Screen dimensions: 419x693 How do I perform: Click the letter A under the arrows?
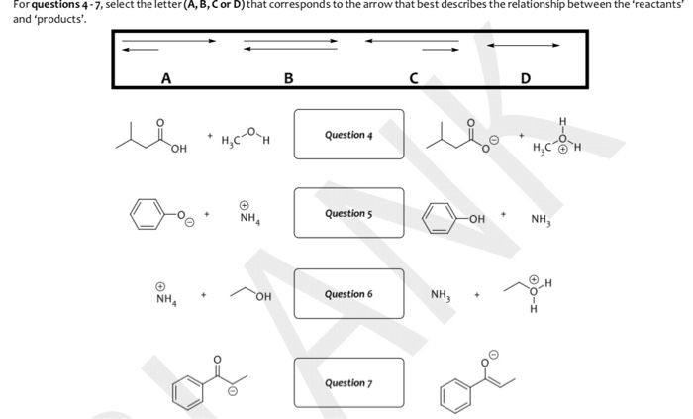pyautogui.click(x=164, y=77)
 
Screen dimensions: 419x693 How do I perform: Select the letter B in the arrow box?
pyautogui.click(x=287, y=77)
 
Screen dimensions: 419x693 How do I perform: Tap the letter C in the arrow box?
pyautogui.click(x=414, y=77)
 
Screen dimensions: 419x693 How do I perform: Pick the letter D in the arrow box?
pyautogui.click(x=525, y=77)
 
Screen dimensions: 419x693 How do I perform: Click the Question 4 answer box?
pyautogui.click(x=348, y=134)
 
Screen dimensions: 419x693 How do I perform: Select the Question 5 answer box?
pyautogui.click(x=348, y=213)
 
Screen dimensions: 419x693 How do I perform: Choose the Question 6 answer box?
pyautogui.click(x=348, y=293)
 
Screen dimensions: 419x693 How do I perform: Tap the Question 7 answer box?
pyautogui.click(x=348, y=382)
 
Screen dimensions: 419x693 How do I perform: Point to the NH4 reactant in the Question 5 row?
pyautogui.click(x=247, y=215)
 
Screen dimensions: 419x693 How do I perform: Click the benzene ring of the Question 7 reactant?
pyautogui.click(x=185, y=391)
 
